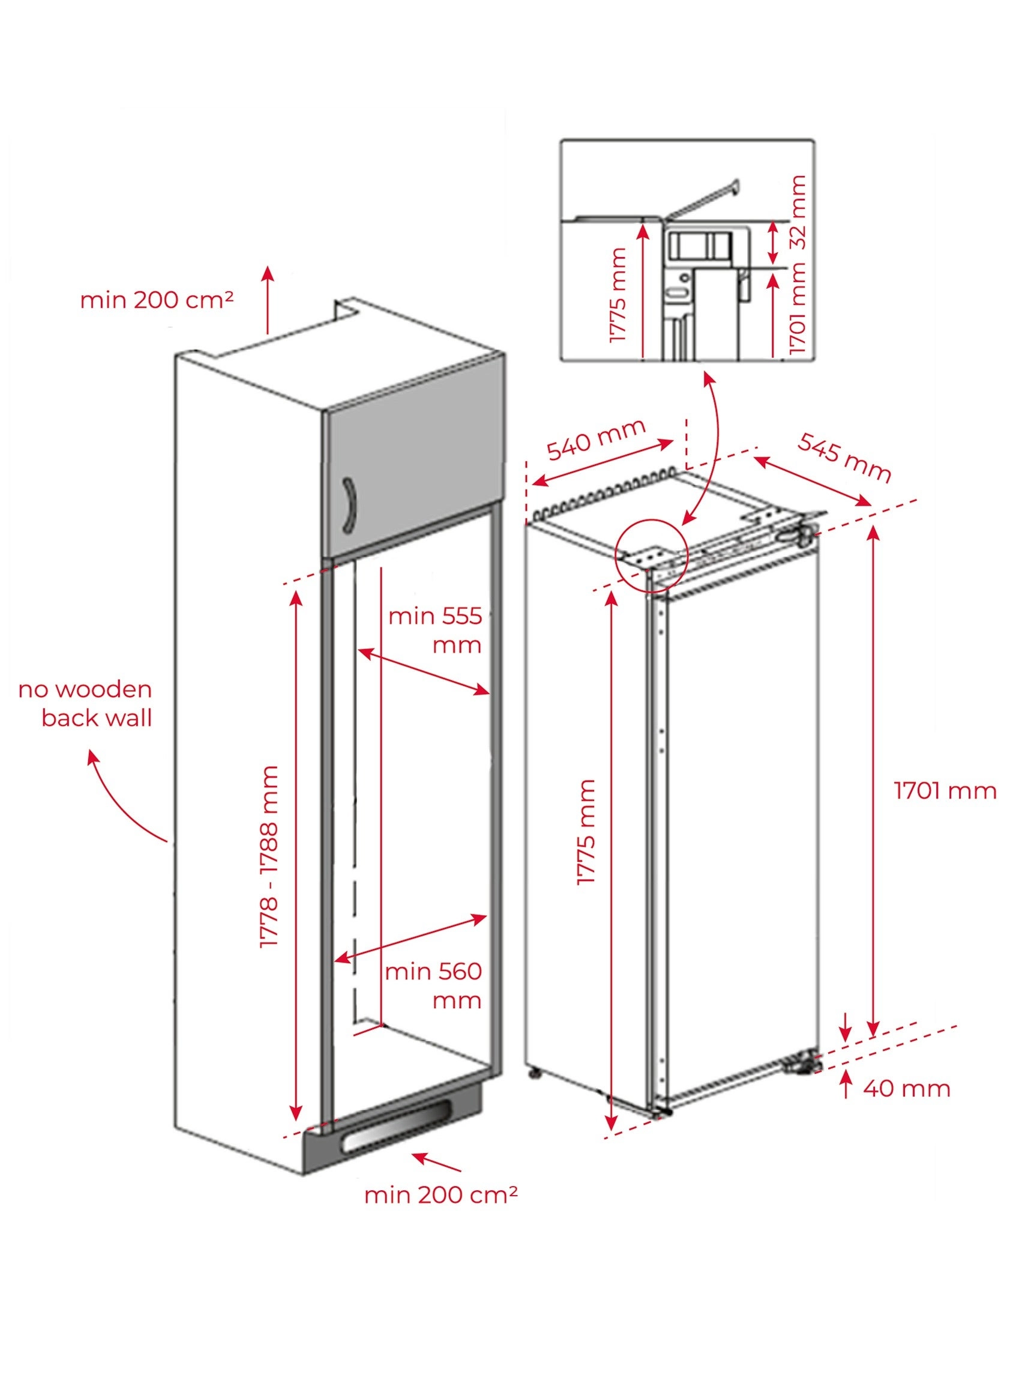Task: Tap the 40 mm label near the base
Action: pos(906,1088)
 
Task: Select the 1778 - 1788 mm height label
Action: pos(269,856)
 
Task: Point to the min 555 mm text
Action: pos(435,630)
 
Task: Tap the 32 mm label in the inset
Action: pos(799,213)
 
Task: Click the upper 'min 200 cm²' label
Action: pos(157,300)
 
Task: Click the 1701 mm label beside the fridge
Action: pos(945,790)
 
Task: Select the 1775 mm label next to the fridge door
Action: pos(585,832)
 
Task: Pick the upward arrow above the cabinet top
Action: pos(267,300)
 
